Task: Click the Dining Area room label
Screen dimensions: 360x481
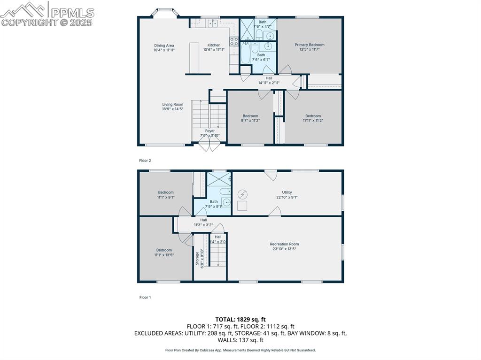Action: point(164,46)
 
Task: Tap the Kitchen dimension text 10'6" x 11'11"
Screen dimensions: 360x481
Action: point(214,50)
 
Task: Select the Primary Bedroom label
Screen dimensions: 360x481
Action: point(310,45)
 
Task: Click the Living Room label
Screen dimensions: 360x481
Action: point(173,104)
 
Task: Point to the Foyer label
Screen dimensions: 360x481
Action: point(210,131)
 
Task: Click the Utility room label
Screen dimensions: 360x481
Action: point(287,192)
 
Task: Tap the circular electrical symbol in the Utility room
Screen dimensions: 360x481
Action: point(242,194)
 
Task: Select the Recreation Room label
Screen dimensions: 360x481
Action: point(284,244)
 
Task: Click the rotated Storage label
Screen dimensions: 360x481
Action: point(197,259)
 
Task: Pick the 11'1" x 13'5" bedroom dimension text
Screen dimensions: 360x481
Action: point(164,255)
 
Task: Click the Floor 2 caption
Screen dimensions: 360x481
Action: point(145,161)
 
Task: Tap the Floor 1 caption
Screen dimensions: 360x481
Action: point(145,297)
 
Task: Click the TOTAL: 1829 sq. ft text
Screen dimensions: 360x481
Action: point(240,319)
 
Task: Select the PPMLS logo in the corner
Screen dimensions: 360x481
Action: point(47,14)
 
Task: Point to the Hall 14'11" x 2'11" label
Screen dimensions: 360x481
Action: point(269,80)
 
